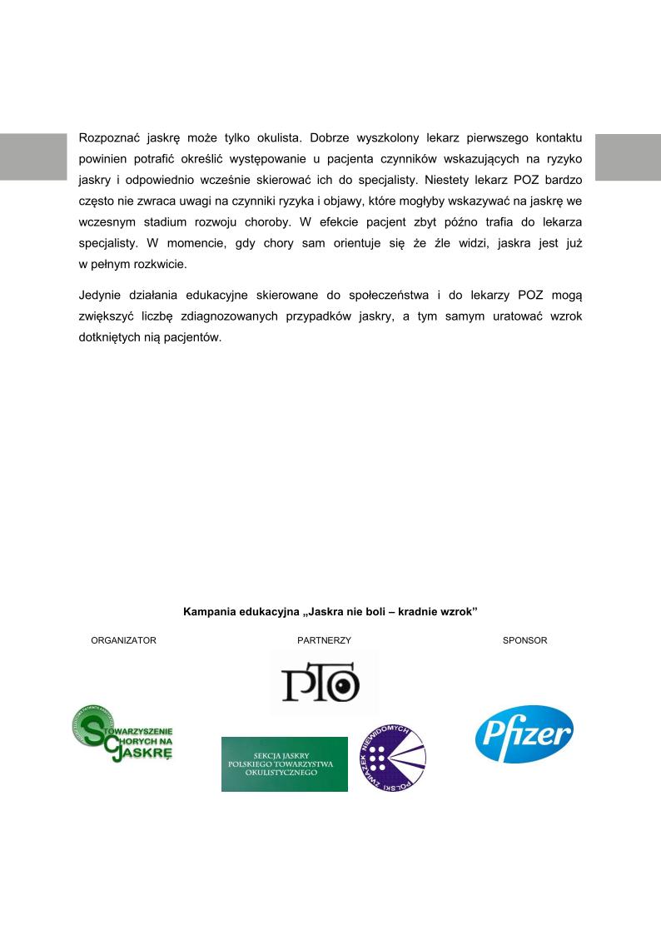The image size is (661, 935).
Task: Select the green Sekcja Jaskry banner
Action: click(285, 763)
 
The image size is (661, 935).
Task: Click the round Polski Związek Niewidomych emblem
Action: click(391, 758)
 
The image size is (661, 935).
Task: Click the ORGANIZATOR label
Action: click(123, 640)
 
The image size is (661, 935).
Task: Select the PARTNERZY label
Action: click(324, 640)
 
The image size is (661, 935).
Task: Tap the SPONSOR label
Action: click(524, 640)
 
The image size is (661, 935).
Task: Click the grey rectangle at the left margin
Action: click(32, 157)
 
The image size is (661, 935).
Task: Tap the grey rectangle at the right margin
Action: click(628, 157)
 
